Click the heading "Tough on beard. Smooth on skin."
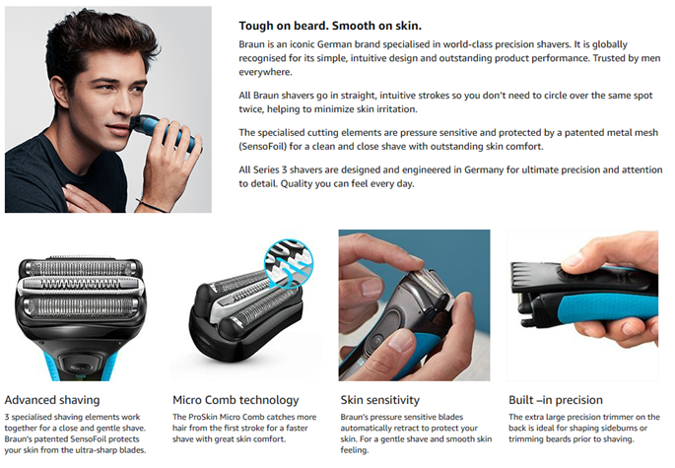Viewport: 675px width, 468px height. pos(330,26)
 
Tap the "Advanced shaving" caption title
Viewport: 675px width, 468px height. pos(52,400)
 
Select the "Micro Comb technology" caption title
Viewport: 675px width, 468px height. pos(236,400)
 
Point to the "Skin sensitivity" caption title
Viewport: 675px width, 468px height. pos(379,400)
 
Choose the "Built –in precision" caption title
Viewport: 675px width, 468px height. pos(556,400)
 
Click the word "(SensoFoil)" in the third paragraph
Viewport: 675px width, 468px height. pos(262,147)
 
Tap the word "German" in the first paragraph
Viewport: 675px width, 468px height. pos(334,44)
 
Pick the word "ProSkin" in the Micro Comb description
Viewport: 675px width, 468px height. pos(203,417)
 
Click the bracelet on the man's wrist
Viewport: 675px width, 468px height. pos(152,206)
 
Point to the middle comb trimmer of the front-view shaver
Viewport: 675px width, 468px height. pos(80,284)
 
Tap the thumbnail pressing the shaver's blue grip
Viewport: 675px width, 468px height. pos(400,340)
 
